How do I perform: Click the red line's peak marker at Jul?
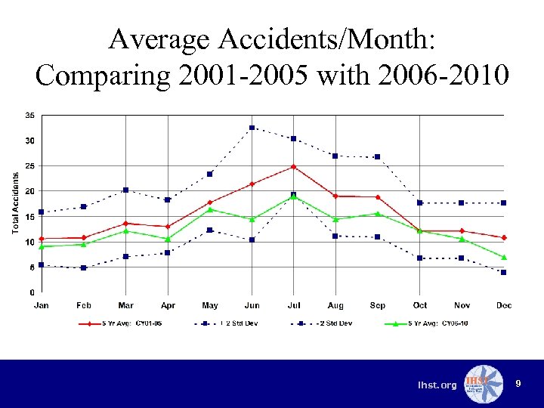coord(294,166)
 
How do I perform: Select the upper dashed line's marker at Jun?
coord(252,128)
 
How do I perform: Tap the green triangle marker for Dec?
coord(504,257)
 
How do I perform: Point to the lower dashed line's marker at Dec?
coord(504,272)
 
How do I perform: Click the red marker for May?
coord(210,202)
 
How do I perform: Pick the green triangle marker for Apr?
coord(168,239)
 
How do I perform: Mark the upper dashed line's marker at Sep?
coord(378,156)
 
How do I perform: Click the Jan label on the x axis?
coord(42,305)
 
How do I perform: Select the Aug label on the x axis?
coord(335,305)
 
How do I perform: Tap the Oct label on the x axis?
coord(420,305)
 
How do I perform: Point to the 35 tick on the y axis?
coord(29,115)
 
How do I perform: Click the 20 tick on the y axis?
coord(29,191)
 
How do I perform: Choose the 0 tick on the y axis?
coord(31,292)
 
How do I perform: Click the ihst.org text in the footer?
coord(437,385)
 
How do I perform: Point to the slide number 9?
coord(518,385)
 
